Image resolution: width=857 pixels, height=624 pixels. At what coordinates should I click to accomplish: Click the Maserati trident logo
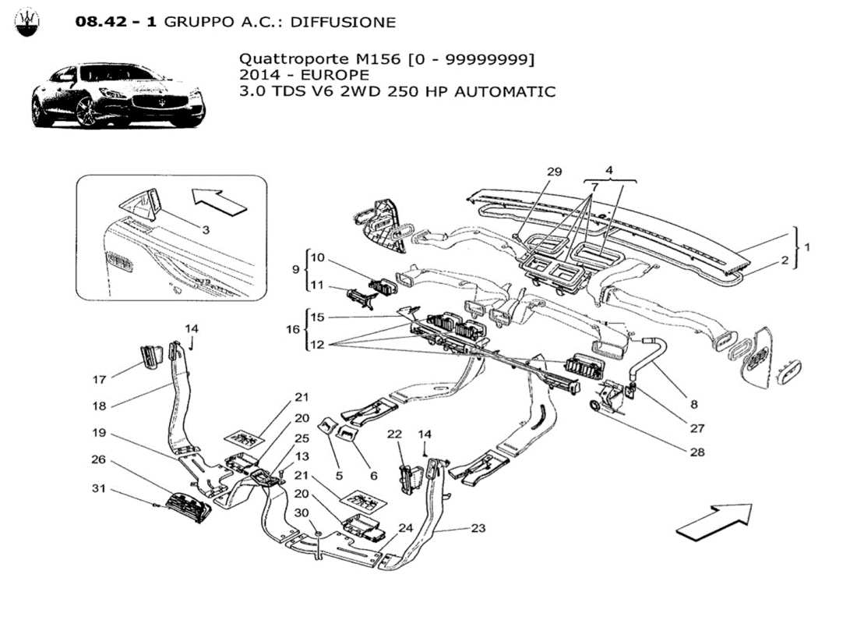(29, 23)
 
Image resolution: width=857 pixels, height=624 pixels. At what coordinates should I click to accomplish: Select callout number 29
(554, 171)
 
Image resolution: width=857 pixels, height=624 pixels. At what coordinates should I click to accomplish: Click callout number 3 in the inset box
(206, 229)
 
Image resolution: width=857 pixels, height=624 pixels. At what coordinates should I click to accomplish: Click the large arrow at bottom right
(714, 521)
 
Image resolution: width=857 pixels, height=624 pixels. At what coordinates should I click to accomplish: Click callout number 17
(99, 380)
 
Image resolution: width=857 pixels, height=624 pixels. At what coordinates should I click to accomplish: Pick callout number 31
(99, 489)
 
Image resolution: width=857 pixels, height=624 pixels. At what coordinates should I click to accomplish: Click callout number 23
(478, 528)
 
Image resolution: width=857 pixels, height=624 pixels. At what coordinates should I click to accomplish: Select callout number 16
(293, 330)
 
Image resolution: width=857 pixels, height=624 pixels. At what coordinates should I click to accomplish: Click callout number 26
(99, 459)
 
